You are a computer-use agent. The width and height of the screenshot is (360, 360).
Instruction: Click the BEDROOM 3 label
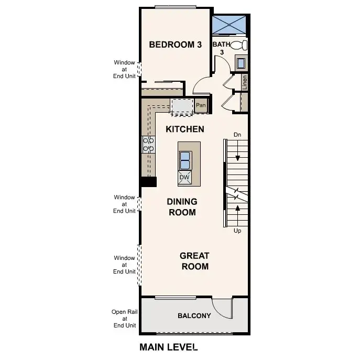click(175, 45)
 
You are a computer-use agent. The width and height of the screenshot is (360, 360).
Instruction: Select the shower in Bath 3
click(229, 24)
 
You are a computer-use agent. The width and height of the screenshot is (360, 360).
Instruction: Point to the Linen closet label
click(245, 82)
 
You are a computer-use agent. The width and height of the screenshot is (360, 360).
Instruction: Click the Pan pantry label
click(201, 105)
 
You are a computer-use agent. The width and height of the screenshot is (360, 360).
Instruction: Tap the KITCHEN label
click(184, 129)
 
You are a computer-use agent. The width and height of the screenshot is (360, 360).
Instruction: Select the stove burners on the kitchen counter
click(148, 145)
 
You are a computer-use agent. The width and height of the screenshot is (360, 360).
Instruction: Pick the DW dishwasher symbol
click(184, 178)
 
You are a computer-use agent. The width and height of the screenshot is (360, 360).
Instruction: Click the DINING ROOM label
click(182, 207)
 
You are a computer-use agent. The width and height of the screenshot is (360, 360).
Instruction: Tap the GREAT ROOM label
click(194, 261)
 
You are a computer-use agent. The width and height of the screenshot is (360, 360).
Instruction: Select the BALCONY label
click(194, 315)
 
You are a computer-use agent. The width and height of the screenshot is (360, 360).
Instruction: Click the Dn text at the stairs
click(237, 135)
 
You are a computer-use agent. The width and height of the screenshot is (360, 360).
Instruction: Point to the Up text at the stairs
click(237, 231)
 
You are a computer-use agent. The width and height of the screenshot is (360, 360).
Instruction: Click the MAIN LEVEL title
click(168, 347)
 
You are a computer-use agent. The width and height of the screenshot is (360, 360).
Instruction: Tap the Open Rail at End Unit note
click(125, 318)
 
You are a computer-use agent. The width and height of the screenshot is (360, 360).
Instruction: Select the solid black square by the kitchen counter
click(148, 181)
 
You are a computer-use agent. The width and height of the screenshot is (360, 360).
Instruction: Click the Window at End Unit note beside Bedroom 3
click(125, 69)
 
